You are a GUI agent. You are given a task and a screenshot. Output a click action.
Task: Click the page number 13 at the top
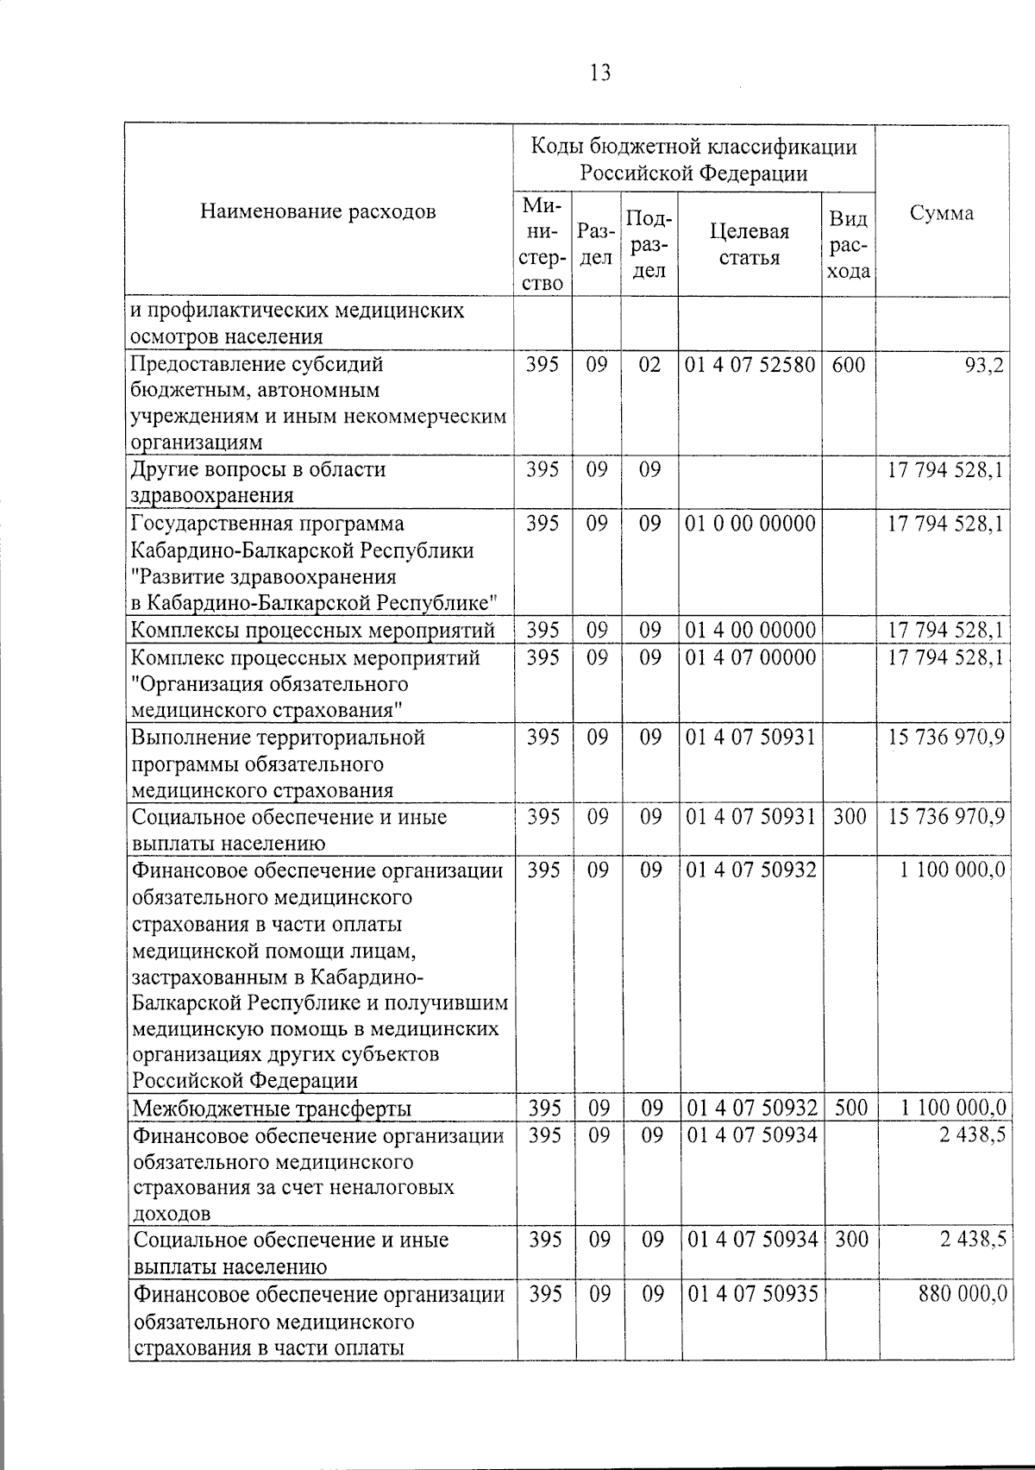600,73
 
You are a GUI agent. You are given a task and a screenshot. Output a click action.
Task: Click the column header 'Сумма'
942,213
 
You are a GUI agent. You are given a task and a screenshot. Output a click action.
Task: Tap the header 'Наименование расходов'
318,212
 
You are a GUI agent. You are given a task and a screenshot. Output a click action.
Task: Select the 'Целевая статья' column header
749,245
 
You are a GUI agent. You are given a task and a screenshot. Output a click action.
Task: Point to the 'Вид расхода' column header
848,245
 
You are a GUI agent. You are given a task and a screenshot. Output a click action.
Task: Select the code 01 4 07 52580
750,364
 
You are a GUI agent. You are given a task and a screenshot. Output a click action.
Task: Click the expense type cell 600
849,364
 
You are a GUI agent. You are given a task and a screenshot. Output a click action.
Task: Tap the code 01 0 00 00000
750,524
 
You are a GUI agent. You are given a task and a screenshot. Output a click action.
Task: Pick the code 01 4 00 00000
750,630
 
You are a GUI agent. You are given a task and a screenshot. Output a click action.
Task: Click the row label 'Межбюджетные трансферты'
272,1109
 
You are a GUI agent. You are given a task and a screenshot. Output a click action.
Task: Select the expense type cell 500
850,1108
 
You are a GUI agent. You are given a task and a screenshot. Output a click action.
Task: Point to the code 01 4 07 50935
750,1293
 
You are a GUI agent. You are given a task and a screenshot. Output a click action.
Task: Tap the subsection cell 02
649,364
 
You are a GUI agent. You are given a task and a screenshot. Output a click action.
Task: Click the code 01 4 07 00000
750,657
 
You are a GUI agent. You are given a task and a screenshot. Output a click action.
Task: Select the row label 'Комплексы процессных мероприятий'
313,631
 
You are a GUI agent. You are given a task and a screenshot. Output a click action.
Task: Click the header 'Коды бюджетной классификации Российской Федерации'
693,160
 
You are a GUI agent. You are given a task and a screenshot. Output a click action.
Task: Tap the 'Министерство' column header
543,245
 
